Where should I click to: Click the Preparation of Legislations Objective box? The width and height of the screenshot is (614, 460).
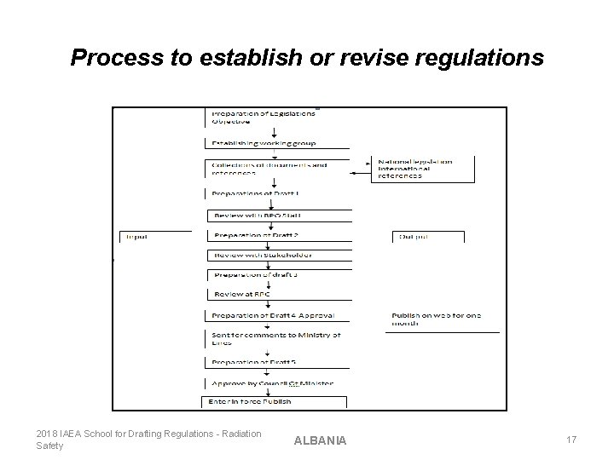click(260, 118)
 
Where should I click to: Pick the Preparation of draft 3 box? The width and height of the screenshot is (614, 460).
click(255, 274)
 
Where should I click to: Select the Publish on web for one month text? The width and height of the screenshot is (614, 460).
click(436, 319)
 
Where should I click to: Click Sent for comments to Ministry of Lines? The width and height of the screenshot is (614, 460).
click(275, 339)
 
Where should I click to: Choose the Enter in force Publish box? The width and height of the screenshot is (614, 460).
click(249, 401)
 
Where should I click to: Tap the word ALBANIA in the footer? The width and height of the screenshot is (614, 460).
click(320, 440)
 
